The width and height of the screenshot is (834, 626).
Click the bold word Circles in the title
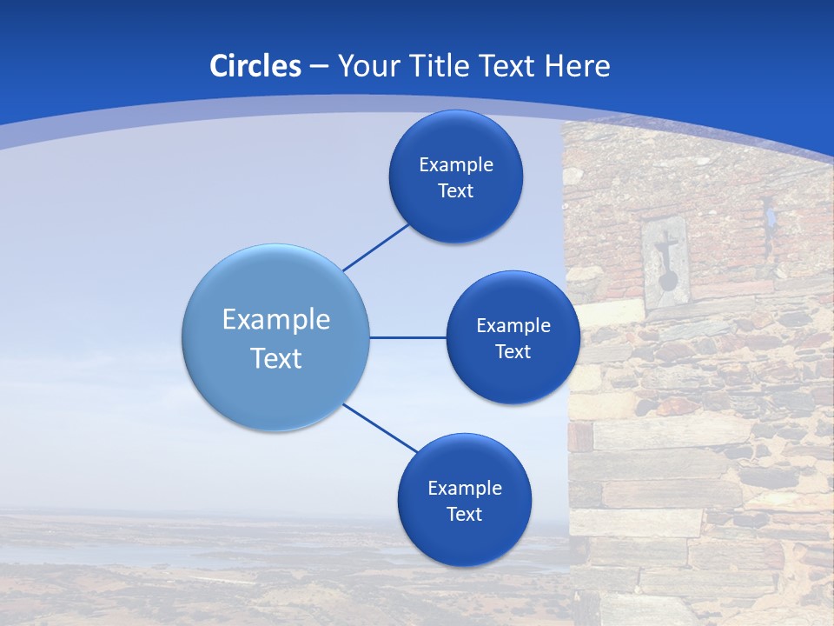point(255,66)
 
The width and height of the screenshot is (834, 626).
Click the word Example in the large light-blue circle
point(276,320)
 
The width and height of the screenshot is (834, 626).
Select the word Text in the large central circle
point(276,358)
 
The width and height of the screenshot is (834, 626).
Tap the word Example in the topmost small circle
point(456,165)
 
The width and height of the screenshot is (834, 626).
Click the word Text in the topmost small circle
point(456,191)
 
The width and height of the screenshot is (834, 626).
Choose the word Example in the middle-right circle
point(513,326)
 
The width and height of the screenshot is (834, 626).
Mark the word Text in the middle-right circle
point(513,352)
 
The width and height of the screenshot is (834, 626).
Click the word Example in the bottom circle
point(465,489)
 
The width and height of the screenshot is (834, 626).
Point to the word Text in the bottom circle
point(465,515)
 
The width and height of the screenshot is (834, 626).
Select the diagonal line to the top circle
point(376,247)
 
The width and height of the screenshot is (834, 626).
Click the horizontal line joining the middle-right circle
point(407,337)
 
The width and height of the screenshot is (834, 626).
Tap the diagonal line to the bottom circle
point(381,428)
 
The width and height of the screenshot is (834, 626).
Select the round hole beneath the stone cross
point(668,280)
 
